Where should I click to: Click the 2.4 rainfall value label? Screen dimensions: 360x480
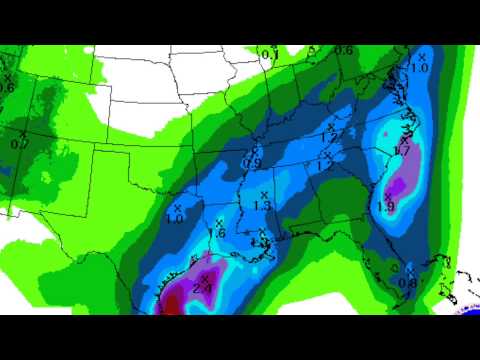click(200, 288)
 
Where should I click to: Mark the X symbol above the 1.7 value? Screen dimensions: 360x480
click(400, 139)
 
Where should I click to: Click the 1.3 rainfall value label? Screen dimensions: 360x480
click(263, 205)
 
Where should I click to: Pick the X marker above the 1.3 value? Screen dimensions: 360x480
click(264, 193)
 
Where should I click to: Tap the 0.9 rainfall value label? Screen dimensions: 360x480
click(254, 163)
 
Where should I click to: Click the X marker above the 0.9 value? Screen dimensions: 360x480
click(256, 151)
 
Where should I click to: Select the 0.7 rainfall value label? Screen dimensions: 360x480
click(17, 144)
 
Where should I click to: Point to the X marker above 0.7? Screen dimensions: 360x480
click(22, 132)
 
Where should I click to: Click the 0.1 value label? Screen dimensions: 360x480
click(267, 53)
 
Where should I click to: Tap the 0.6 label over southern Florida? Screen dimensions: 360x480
click(407, 281)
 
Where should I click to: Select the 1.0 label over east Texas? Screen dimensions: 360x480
click(174, 218)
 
